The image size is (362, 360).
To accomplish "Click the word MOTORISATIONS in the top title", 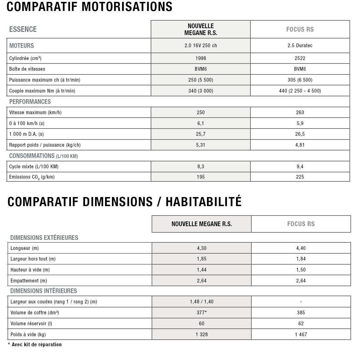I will (127, 7).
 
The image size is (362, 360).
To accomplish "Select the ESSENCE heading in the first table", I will (23, 29).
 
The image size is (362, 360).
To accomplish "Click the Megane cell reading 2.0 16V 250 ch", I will (201, 46).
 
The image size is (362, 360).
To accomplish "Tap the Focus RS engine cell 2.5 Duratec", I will (300, 46).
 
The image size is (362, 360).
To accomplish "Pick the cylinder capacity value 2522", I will (300, 58).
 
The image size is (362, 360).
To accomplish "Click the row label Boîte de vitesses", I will (27, 69).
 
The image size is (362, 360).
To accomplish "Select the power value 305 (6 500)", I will (300, 80).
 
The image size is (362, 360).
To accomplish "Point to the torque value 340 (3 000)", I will (201, 91).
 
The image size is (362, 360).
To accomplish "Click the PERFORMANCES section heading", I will (30, 102).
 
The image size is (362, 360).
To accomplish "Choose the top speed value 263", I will (300, 113).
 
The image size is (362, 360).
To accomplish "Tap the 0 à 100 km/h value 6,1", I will (201, 124).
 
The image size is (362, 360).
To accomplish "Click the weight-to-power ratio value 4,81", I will (300, 145).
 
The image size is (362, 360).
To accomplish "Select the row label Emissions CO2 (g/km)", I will (32, 177).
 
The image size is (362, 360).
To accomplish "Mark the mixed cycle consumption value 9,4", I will (300, 167).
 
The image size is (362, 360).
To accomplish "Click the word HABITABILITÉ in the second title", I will (204, 202).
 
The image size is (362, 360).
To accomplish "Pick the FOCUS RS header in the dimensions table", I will (301, 224).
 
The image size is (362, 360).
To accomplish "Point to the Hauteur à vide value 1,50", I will (301, 270).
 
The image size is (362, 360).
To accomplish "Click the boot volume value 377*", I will (202, 313).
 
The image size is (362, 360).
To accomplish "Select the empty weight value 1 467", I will (301, 335).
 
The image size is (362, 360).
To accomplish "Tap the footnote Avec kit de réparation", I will (37, 345).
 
